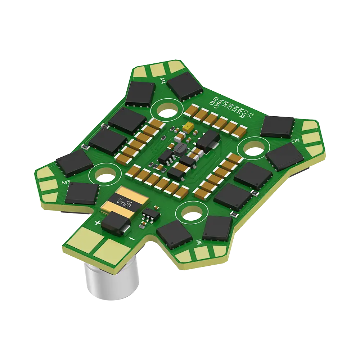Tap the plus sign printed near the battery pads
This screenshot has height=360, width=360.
[97, 223]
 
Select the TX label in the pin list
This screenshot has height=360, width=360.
[252, 115]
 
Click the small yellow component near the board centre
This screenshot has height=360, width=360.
[188, 127]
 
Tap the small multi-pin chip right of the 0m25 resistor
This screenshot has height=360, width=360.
[148, 216]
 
